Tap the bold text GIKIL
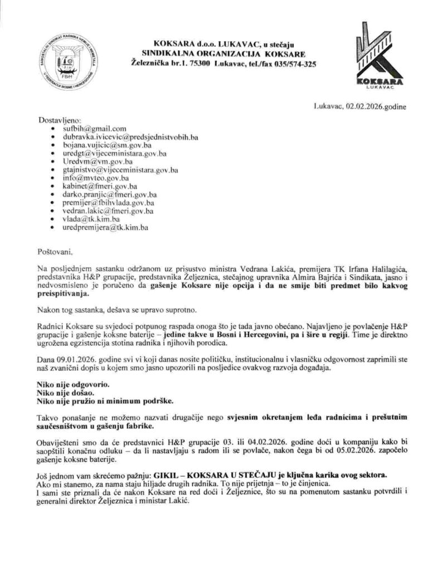168,475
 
